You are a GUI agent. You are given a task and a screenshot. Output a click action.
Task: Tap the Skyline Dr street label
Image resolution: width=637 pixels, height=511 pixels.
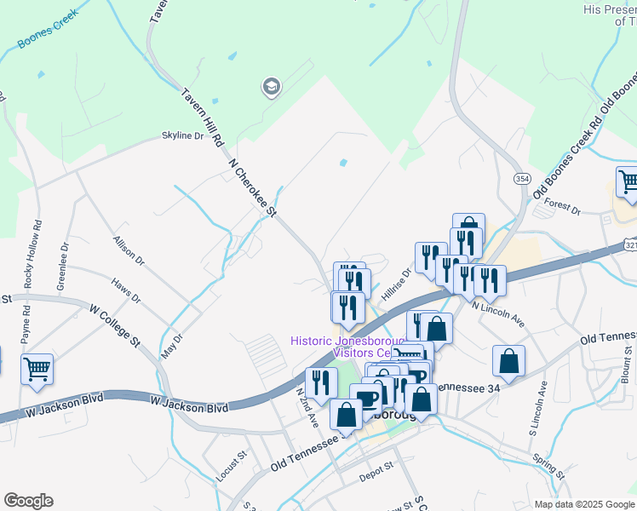183,135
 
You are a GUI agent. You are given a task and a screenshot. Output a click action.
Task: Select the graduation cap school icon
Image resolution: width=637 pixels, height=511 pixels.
272,87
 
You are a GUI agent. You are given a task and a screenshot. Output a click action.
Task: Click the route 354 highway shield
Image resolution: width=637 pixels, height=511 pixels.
522,178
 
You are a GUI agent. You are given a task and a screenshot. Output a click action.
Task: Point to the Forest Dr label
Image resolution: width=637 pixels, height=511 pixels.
562,205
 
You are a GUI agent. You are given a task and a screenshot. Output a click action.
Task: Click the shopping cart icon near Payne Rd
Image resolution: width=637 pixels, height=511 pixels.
37,370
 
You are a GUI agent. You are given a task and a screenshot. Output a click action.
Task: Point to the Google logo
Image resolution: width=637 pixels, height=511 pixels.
28,501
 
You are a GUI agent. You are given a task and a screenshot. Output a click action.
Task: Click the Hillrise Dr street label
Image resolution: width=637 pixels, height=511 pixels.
396,282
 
